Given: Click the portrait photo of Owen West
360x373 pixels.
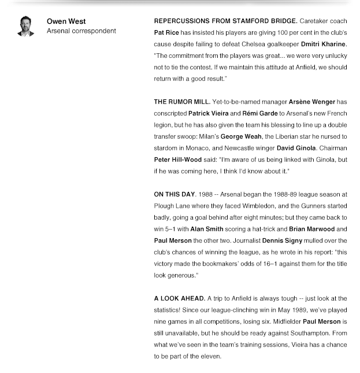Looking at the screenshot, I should [x=25, y=27].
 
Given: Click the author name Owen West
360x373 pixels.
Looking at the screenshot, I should [x=66, y=21].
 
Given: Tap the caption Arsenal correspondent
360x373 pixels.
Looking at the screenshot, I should [x=81, y=31].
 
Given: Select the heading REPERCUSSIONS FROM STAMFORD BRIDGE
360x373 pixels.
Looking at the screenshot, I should [x=225, y=21].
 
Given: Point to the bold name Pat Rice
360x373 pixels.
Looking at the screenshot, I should [x=167, y=32].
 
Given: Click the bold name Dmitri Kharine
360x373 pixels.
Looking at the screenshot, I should [x=323, y=44].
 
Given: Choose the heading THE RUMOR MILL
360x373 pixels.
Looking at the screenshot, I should [x=181, y=102].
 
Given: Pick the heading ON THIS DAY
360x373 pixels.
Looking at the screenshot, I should [x=175, y=194].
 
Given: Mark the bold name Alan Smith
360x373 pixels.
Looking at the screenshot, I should [x=206, y=229].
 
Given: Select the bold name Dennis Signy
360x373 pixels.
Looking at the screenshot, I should [x=282, y=241].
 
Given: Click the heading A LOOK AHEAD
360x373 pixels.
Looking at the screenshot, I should [x=179, y=298].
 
